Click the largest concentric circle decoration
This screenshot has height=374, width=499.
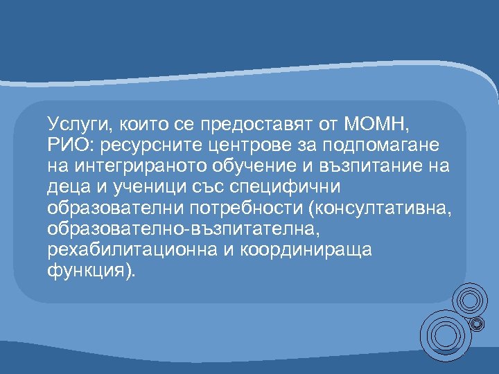tap(444, 335)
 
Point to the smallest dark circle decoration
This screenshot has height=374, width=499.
tap(478, 322)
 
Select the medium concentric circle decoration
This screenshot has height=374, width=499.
tap(469, 301)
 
